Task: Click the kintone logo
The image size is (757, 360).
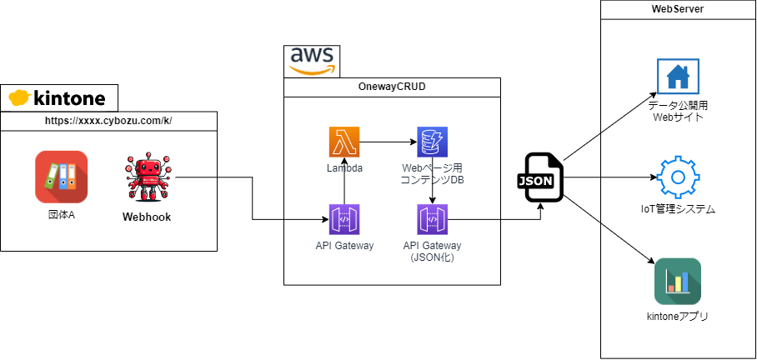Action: (x=58, y=98)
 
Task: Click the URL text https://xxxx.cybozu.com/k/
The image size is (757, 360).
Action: (x=108, y=122)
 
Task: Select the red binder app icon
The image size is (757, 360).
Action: (x=61, y=176)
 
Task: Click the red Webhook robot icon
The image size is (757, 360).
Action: (x=148, y=177)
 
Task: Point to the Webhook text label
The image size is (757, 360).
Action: (x=148, y=217)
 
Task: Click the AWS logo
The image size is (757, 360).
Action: (x=312, y=61)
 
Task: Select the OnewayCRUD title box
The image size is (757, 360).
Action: (x=392, y=87)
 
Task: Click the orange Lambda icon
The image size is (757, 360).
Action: (x=343, y=142)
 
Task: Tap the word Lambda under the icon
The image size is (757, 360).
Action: (x=343, y=167)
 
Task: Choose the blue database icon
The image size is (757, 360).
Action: (x=432, y=142)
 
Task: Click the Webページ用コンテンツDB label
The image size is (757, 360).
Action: (x=432, y=173)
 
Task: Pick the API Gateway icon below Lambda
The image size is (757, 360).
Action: (x=343, y=220)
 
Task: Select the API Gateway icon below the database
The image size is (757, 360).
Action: (x=432, y=220)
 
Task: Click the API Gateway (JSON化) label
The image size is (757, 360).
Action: (x=432, y=252)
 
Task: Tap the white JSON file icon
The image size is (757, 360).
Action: (x=543, y=177)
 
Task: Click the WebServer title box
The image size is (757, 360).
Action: (x=677, y=10)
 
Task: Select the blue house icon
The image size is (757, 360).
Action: (x=678, y=77)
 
